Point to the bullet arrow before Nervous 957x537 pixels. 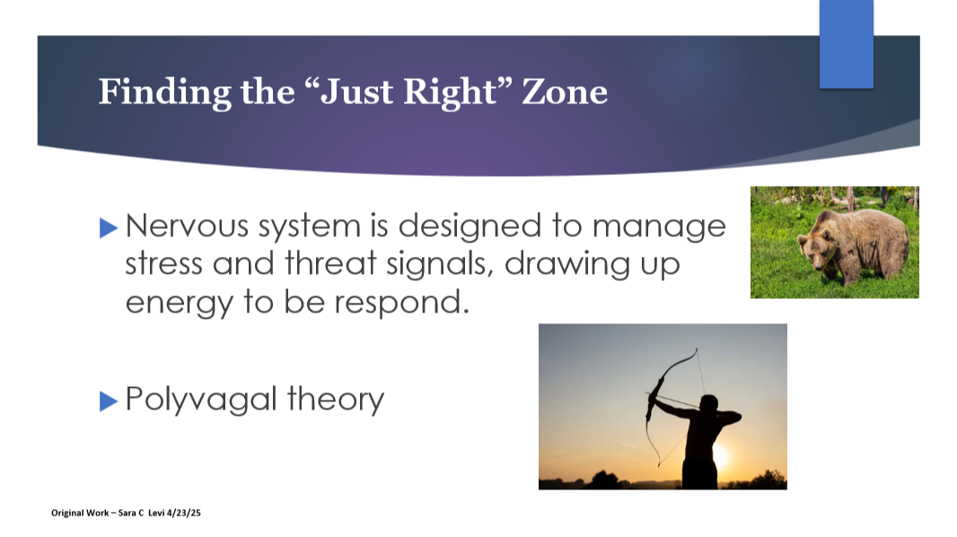pos(109,228)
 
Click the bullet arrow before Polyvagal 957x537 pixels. pos(109,401)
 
